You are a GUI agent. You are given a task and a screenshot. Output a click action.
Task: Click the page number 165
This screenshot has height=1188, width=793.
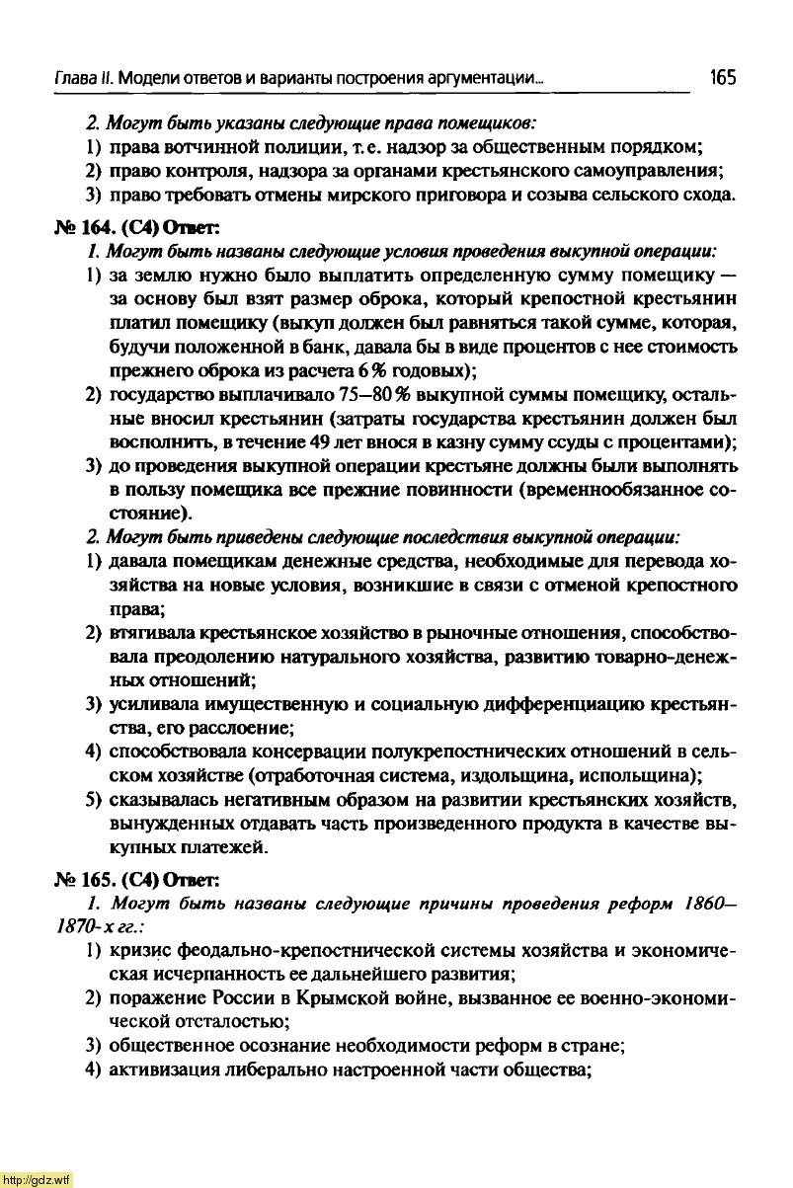(x=722, y=77)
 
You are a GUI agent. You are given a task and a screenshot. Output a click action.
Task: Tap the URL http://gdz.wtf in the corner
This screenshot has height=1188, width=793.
(x=37, y=1179)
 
